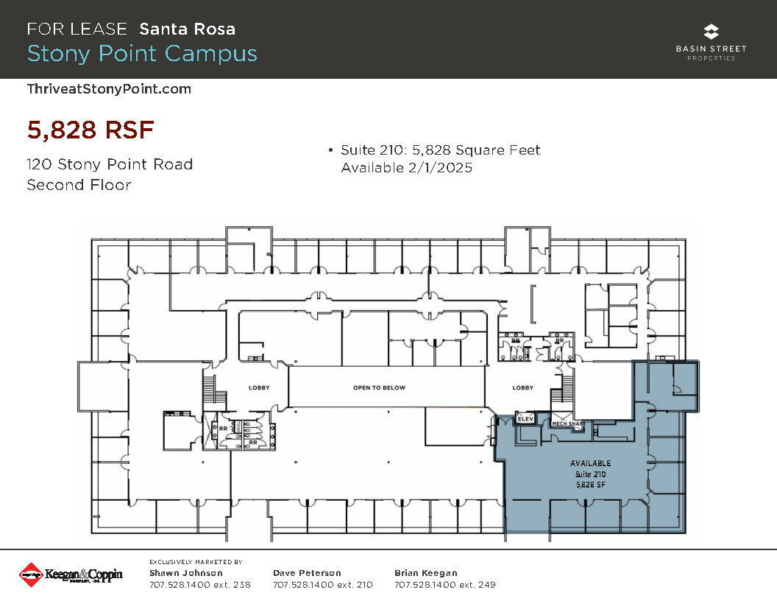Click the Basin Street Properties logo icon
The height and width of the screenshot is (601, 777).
click(711, 32)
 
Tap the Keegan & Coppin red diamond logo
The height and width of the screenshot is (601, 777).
click(29, 574)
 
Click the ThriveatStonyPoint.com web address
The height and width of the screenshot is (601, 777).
click(109, 89)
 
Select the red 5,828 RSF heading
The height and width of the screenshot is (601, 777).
click(91, 130)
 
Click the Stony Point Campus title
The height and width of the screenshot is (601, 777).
click(142, 54)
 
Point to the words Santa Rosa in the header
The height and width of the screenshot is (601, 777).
click(188, 29)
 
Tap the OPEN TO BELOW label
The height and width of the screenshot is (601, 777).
click(379, 387)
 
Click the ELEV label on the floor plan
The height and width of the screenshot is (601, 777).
click(525, 418)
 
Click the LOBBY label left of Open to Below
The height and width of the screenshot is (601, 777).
click(259, 387)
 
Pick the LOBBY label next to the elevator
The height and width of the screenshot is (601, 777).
click(522, 387)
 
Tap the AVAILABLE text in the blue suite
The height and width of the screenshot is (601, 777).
click(590, 463)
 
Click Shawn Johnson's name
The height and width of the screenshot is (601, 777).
click(186, 573)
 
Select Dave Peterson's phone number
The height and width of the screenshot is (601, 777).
click(322, 585)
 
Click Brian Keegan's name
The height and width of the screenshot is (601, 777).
click(426, 573)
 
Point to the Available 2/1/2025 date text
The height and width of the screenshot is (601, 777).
click(406, 168)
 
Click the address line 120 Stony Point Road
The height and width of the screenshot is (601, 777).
click(110, 164)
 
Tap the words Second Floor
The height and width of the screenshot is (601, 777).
click(79, 185)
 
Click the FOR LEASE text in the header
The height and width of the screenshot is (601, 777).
click(77, 29)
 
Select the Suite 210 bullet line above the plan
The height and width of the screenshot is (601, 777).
click(440, 150)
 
